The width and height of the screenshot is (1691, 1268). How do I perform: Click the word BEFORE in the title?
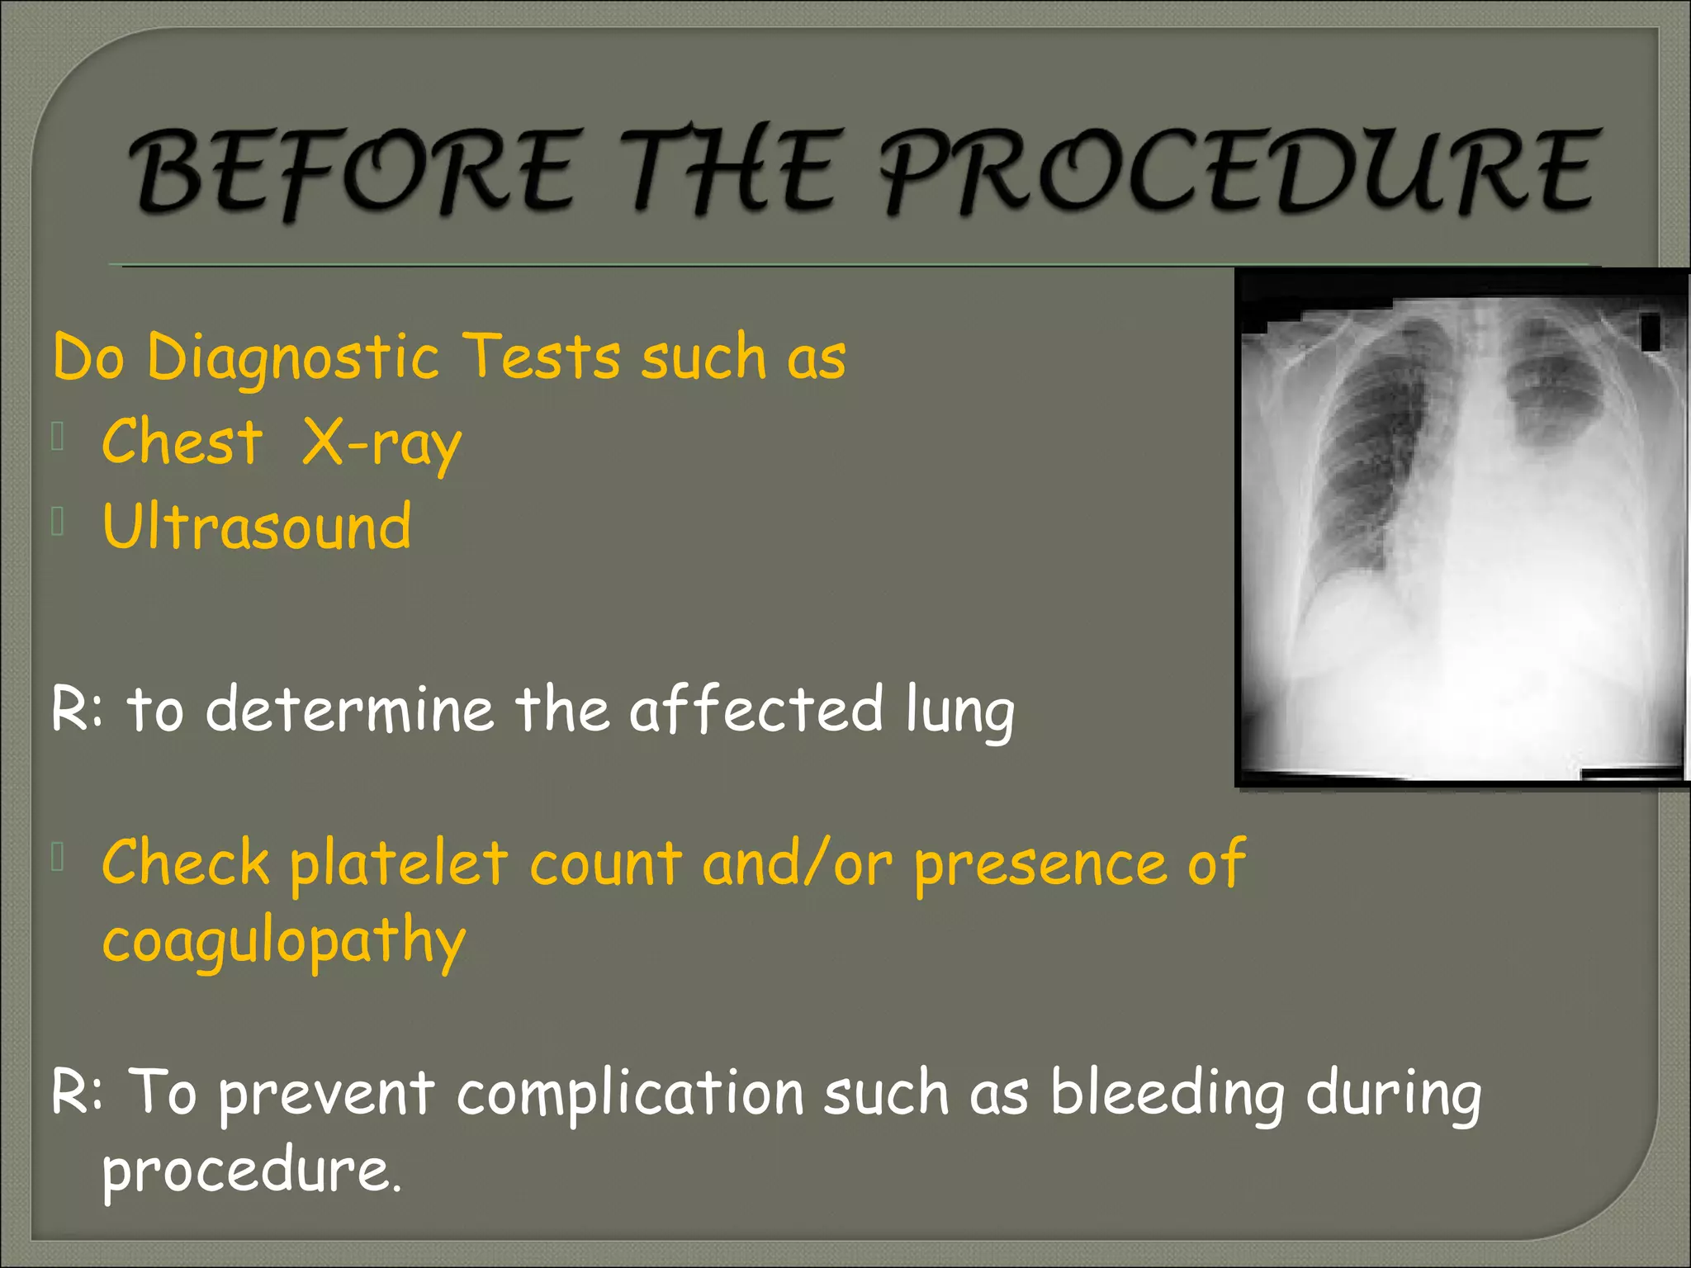click(x=350, y=171)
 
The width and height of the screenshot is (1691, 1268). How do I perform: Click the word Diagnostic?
click(x=292, y=357)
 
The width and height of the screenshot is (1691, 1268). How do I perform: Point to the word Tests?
click(x=540, y=357)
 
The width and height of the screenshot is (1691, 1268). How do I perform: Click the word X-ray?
click(x=381, y=443)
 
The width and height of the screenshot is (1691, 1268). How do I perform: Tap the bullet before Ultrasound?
click(x=58, y=523)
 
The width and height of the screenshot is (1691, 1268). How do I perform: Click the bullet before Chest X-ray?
click(x=58, y=438)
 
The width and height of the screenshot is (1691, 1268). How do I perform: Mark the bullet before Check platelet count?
click(x=58, y=858)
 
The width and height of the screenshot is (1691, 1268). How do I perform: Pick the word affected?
click(x=756, y=710)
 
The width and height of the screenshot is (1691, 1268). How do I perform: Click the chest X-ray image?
click(x=1461, y=528)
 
